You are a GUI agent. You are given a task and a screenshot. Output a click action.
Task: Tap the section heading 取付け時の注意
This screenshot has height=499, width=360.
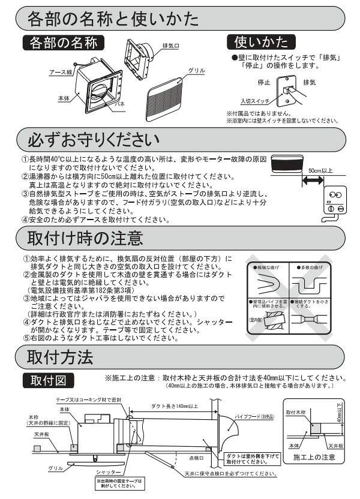[85, 236]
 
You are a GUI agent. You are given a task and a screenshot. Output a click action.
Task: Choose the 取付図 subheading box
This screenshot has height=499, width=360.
[49, 381]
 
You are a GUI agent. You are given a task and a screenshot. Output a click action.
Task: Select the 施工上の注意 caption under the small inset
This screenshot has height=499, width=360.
[315, 458]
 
